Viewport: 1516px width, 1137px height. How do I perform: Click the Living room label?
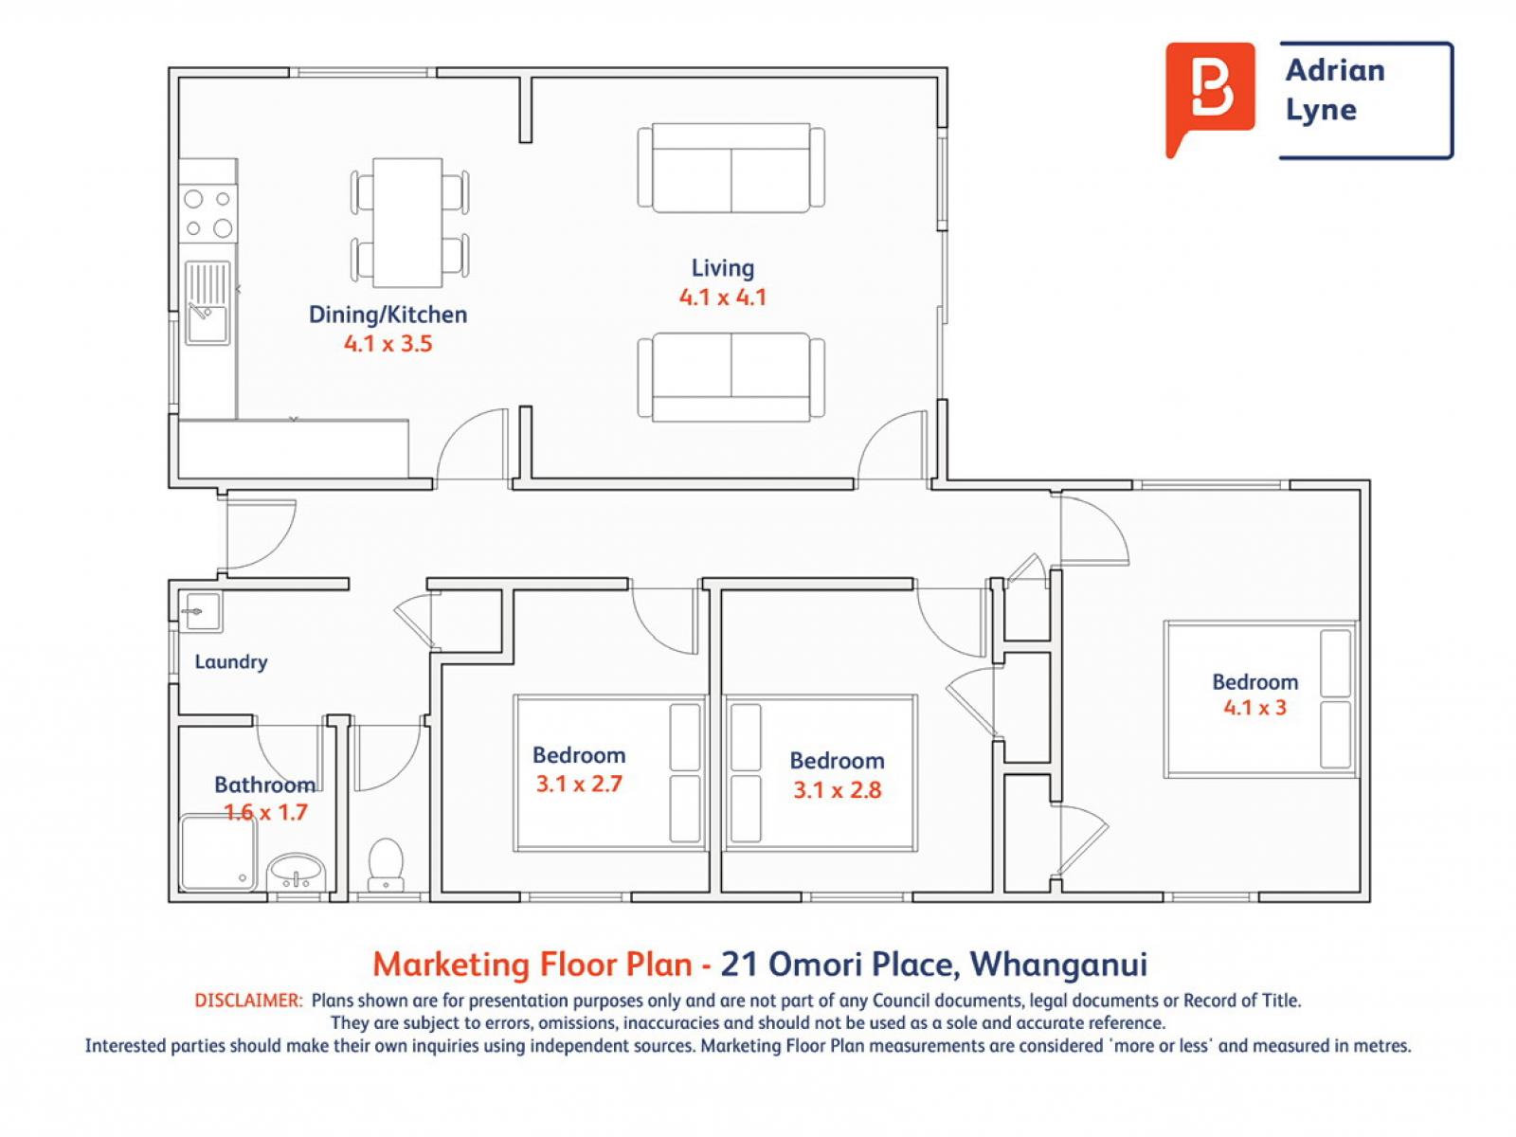(722, 268)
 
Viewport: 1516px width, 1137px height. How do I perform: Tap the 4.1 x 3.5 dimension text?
(388, 343)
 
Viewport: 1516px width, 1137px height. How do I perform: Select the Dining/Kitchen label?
(388, 315)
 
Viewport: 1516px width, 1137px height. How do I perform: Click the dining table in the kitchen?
(407, 223)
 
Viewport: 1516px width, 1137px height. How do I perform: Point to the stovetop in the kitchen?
(208, 213)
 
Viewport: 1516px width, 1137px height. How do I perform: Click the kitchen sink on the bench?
(208, 302)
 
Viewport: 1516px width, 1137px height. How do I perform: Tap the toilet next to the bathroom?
(386, 864)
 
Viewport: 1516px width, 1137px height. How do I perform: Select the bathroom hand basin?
(296, 872)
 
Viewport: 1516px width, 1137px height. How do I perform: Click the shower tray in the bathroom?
(218, 854)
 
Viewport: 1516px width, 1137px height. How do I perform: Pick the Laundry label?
(231, 662)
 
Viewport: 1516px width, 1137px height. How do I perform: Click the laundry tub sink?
(200, 612)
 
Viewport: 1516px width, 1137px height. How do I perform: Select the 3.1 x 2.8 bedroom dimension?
(837, 790)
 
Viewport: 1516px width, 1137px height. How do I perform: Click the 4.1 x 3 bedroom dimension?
(1254, 708)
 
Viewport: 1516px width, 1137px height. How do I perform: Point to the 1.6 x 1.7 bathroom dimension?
(266, 813)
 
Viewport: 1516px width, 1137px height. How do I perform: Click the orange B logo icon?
(1209, 97)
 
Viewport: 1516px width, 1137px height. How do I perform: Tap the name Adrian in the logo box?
(1335, 70)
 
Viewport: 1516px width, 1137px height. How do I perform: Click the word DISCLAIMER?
(248, 1001)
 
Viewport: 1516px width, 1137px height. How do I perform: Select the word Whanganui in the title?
(1058, 965)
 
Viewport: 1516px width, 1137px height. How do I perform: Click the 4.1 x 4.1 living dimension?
(722, 298)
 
